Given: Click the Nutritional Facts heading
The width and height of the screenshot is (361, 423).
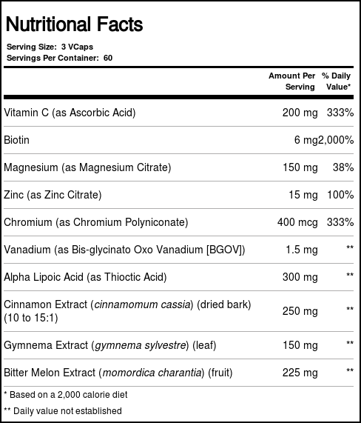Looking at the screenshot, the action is point(74,24).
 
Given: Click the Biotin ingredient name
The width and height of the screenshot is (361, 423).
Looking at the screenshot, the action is point(17,140).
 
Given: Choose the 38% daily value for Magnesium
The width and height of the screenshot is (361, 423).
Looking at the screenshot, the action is point(343,167).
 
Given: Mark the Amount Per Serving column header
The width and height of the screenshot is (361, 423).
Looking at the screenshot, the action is point(291,81).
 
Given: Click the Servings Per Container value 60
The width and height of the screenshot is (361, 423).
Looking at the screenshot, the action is point(108,58).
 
